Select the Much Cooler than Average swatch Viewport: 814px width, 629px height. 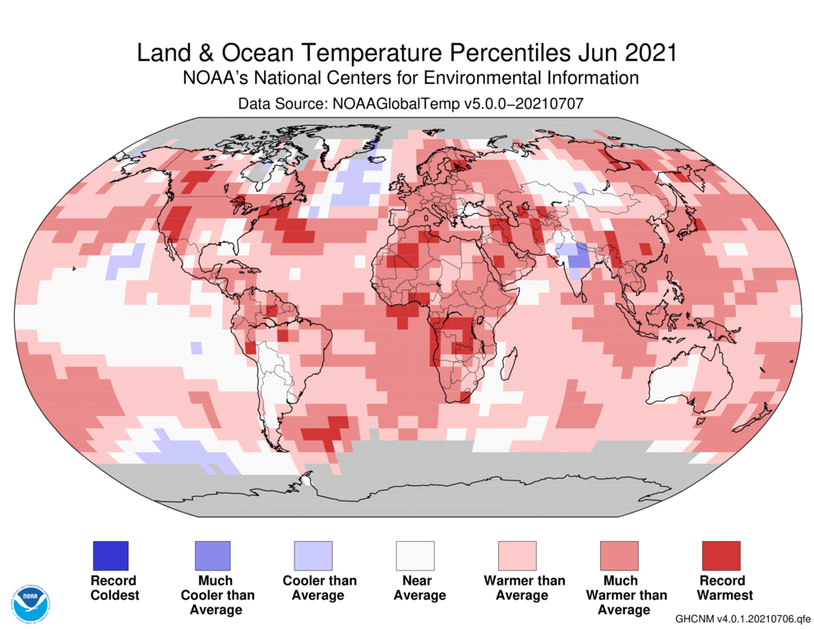coord(211,555)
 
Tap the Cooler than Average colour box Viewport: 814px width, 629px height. coord(313,555)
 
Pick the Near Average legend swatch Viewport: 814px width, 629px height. coord(415,555)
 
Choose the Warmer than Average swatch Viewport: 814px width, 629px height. coord(517,555)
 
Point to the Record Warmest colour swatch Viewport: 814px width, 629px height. coord(721,555)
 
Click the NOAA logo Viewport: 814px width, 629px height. coord(31,603)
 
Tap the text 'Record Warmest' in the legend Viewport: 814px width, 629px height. coord(721,587)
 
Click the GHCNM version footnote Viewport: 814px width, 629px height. coord(742,617)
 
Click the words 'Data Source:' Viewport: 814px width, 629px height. coord(280,104)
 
